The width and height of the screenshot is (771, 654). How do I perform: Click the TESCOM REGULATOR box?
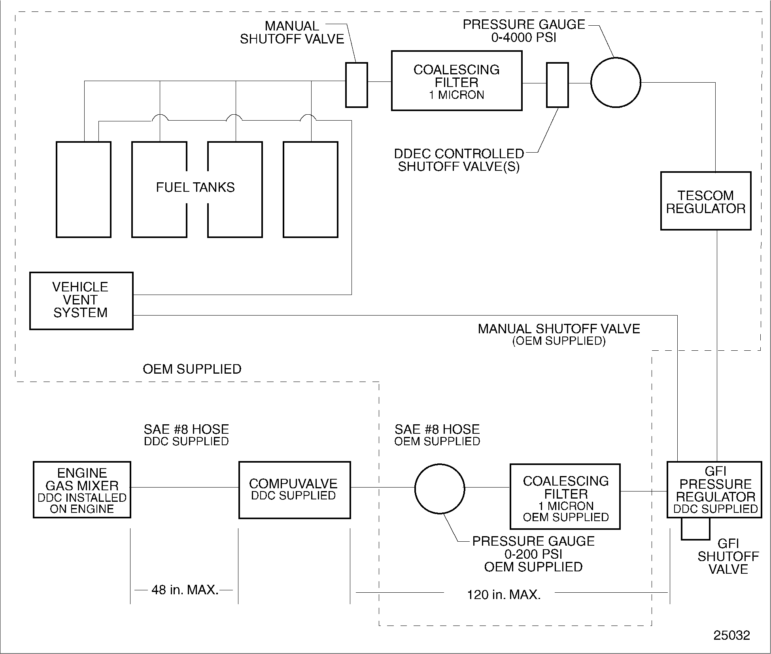[705, 201]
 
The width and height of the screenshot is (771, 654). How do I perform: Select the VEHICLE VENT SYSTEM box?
[81, 301]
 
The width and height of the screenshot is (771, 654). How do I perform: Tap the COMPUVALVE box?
[294, 490]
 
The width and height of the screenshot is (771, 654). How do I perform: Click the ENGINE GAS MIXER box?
[82, 490]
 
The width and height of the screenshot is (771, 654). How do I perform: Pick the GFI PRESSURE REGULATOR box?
[714, 490]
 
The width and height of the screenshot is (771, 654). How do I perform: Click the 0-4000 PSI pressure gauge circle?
[615, 83]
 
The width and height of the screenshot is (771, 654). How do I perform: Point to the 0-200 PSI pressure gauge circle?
[439, 489]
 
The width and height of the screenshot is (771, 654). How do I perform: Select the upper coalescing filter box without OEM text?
[456, 81]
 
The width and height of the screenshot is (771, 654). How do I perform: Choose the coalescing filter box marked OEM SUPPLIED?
[565, 497]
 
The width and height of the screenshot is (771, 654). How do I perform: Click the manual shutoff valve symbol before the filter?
[356, 85]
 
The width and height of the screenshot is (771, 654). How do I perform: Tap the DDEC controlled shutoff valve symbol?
[557, 85]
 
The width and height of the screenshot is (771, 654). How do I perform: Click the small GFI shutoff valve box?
[695, 529]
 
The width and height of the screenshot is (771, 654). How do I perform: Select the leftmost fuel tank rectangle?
[83, 189]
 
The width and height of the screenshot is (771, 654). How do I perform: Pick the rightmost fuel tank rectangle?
[310, 189]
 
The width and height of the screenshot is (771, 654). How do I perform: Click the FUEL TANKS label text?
[195, 187]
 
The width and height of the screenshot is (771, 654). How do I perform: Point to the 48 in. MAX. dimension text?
[185, 590]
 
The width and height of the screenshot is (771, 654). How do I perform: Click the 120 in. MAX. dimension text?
[503, 595]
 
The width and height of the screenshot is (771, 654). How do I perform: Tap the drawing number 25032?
[731, 635]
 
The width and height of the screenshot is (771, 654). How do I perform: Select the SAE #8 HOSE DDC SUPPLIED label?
[186, 435]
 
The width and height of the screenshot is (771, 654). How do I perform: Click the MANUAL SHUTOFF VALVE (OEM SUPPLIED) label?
[559, 335]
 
